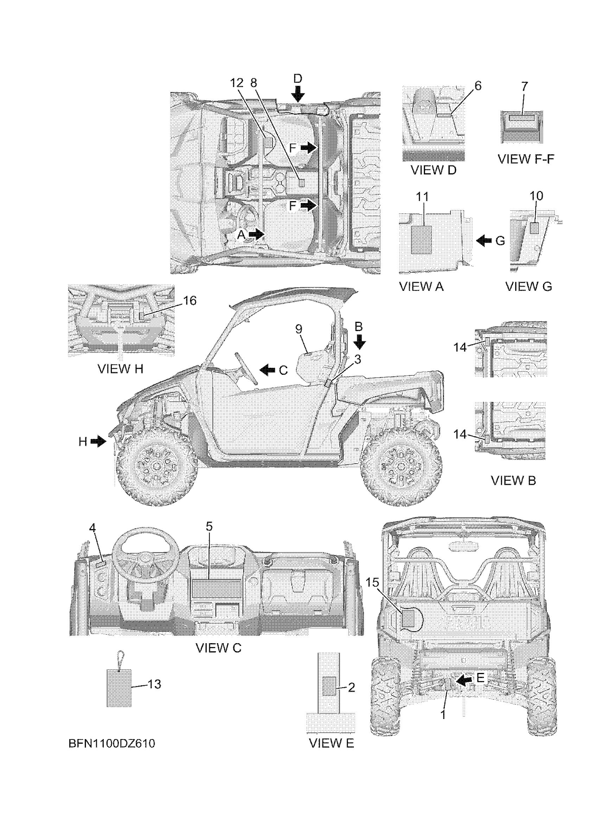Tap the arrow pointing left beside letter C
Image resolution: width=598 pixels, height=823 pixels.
click(x=268, y=370)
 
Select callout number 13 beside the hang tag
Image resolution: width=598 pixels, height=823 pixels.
click(x=154, y=684)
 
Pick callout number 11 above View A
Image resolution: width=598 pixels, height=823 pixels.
click(x=422, y=197)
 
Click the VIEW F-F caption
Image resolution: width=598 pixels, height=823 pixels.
click(x=526, y=158)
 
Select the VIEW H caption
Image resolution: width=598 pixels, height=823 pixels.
click(x=120, y=369)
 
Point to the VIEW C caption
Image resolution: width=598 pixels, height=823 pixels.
click(x=218, y=648)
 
